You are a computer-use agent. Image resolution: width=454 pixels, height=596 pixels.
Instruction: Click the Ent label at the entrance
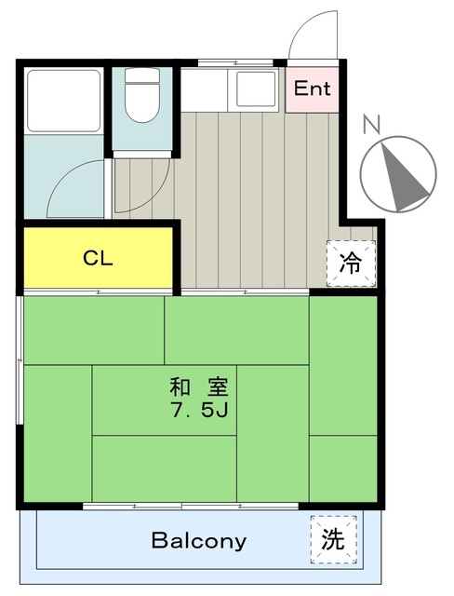pyautogui.click(x=313, y=89)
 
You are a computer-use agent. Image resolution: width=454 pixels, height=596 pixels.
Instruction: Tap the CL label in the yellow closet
pyautogui.click(x=98, y=258)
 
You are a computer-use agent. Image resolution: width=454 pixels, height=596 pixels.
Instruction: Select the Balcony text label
pyautogui.click(x=199, y=541)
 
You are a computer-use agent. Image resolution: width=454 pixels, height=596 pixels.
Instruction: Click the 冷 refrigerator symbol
pyautogui.click(x=351, y=264)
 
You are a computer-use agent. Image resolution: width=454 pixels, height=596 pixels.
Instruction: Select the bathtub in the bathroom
pyautogui.click(x=63, y=101)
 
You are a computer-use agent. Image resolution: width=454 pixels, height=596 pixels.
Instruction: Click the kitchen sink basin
pyautogui.click(x=257, y=89)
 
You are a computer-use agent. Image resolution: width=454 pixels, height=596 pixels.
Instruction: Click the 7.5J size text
pyautogui.click(x=199, y=409)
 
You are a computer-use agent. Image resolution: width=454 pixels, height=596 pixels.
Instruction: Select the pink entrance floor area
pyautogui.click(x=313, y=91)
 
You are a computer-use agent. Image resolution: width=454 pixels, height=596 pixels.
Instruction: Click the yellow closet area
pyautogui.click(x=98, y=258)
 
